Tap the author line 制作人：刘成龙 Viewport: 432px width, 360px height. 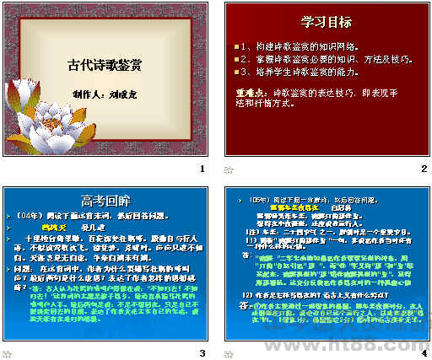(x=105, y=95)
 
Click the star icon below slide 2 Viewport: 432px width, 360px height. (x=227, y=169)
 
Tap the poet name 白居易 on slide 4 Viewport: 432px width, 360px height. (x=341, y=207)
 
